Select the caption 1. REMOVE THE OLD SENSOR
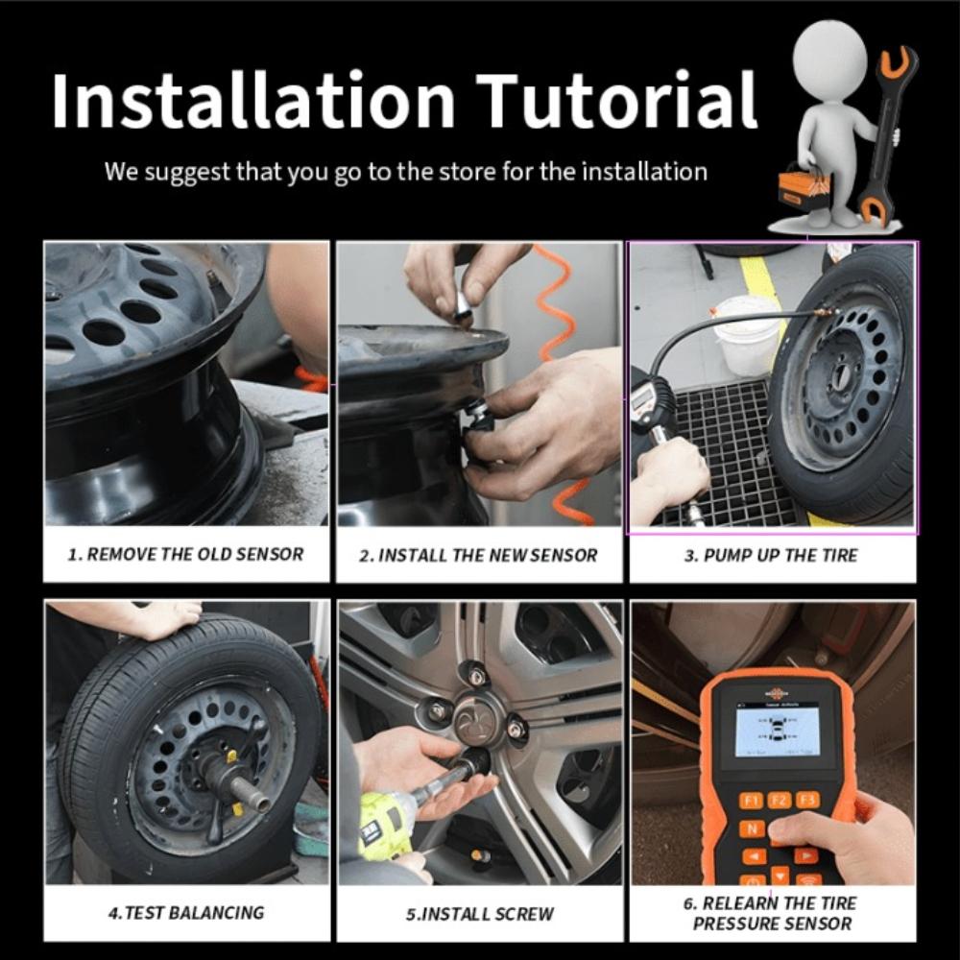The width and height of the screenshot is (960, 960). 186,554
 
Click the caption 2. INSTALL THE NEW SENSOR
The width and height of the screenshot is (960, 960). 478,555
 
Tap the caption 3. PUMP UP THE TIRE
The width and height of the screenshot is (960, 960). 771,555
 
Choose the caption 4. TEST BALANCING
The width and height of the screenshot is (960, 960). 186,913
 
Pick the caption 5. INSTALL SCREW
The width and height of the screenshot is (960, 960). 479,914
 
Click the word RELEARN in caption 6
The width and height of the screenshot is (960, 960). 740,903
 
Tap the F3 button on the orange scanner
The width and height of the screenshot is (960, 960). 807,800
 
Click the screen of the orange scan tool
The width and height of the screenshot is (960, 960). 776,732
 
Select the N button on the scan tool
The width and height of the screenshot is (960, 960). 752,829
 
